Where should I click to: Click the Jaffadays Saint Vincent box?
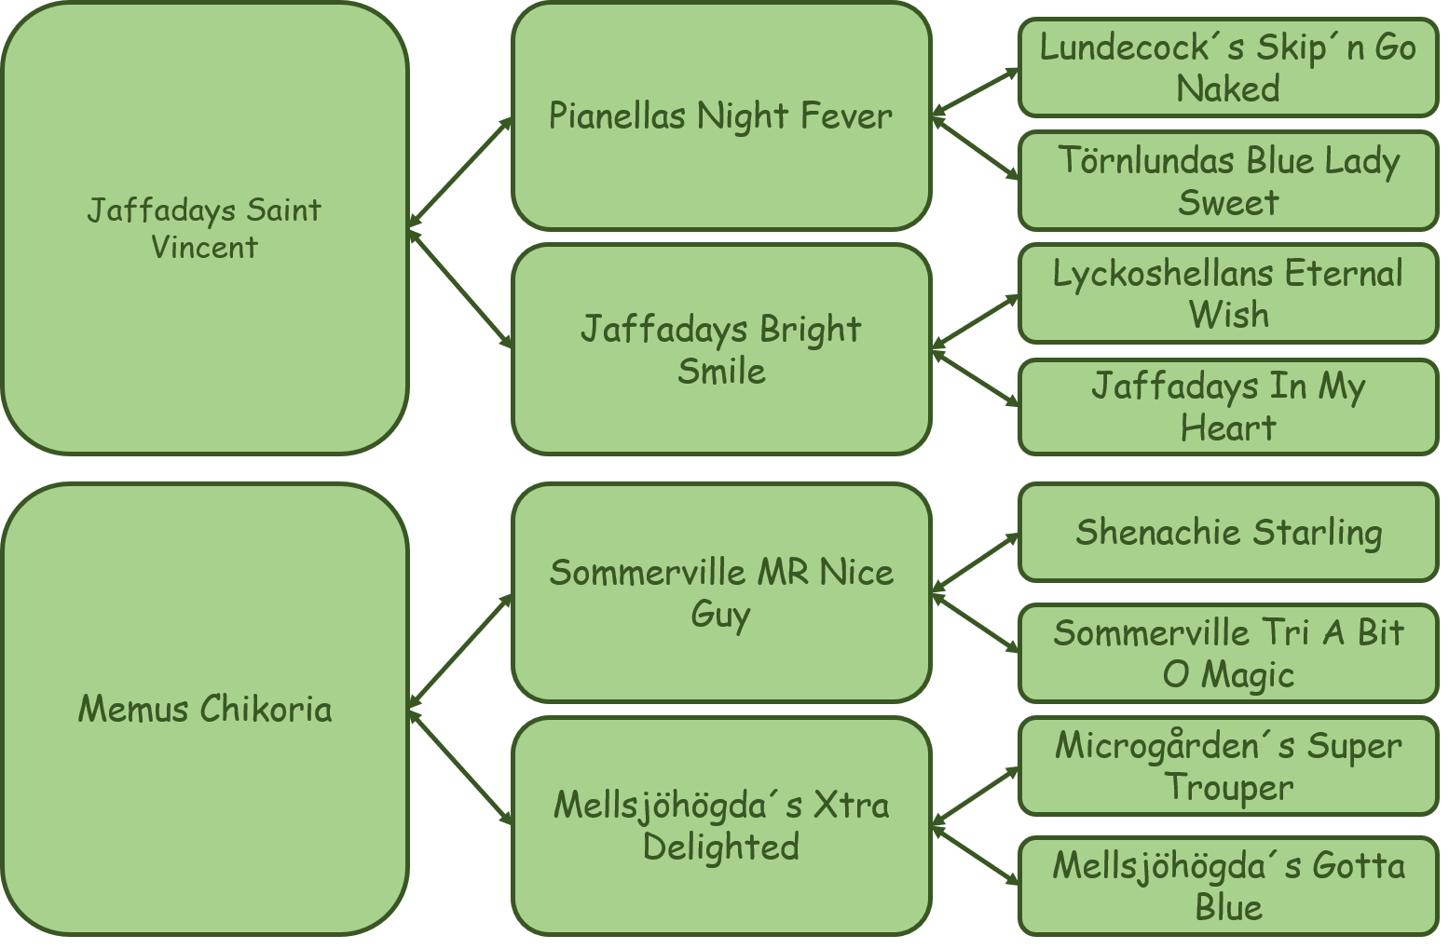tap(204, 228)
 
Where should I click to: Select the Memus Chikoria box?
tap(204, 709)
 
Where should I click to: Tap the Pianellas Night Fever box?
tap(721, 115)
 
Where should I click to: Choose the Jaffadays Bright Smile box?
tap(721, 350)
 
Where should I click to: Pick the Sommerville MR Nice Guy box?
tap(721, 592)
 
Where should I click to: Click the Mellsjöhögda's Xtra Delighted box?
tap(721, 826)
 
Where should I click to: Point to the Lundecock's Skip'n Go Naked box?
tap(1228, 67)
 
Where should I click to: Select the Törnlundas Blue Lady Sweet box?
tap(1228, 181)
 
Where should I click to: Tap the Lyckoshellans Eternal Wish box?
tap(1228, 293)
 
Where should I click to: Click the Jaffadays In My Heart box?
tap(1228, 407)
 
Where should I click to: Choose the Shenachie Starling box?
tap(1228, 532)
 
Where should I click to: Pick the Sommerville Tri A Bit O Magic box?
tap(1228, 653)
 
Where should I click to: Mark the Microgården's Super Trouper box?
tap(1228, 766)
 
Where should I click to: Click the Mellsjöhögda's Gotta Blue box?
tap(1228, 887)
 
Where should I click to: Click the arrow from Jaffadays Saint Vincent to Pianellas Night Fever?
tap(460, 172)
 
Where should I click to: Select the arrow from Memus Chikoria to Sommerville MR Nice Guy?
tap(460, 652)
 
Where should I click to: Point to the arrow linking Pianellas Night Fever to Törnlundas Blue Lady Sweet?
tap(976, 148)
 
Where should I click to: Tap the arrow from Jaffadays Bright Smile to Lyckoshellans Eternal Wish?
tap(976, 322)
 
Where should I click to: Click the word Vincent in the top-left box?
tap(204, 247)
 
